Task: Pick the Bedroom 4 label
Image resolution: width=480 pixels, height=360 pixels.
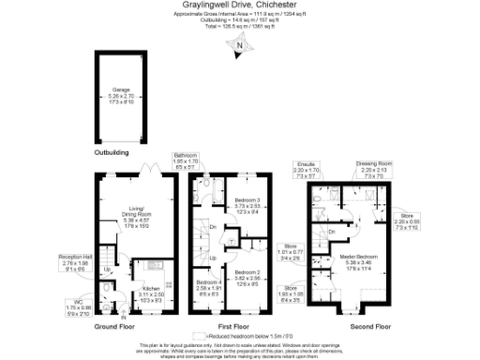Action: click(209, 286)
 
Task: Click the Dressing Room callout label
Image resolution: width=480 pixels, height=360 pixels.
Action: click(372, 168)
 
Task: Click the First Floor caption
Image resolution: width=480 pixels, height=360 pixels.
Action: click(226, 327)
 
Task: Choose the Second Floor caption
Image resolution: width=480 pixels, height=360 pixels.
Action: click(371, 327)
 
